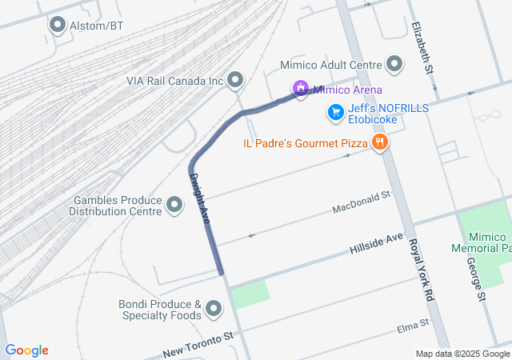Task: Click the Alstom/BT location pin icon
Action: pos(58,26)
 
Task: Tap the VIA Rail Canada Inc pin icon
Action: pos(235,79)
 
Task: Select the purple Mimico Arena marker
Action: pos(300,89)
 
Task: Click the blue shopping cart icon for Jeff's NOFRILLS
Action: pos(335,113)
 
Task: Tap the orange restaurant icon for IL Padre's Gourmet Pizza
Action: pos(379,143)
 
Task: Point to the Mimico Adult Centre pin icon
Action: pos(394,64)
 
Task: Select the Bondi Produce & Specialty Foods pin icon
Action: pos(214,309)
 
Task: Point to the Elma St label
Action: pos(414,327)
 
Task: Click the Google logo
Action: pos(26,350)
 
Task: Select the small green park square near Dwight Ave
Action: pos(250,295)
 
